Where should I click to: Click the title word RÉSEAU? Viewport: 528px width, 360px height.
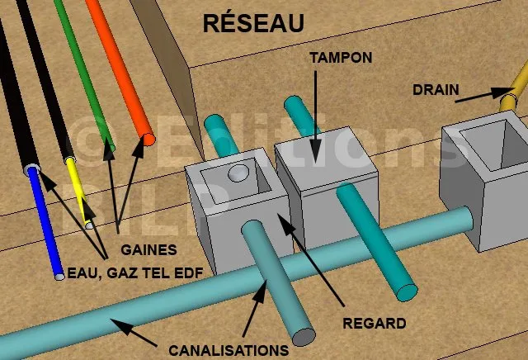point(252,23)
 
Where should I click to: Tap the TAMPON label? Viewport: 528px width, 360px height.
point(338,59)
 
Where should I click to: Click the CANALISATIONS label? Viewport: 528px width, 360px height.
point(229,350)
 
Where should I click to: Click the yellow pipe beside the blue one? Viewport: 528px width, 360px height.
point(78,190)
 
